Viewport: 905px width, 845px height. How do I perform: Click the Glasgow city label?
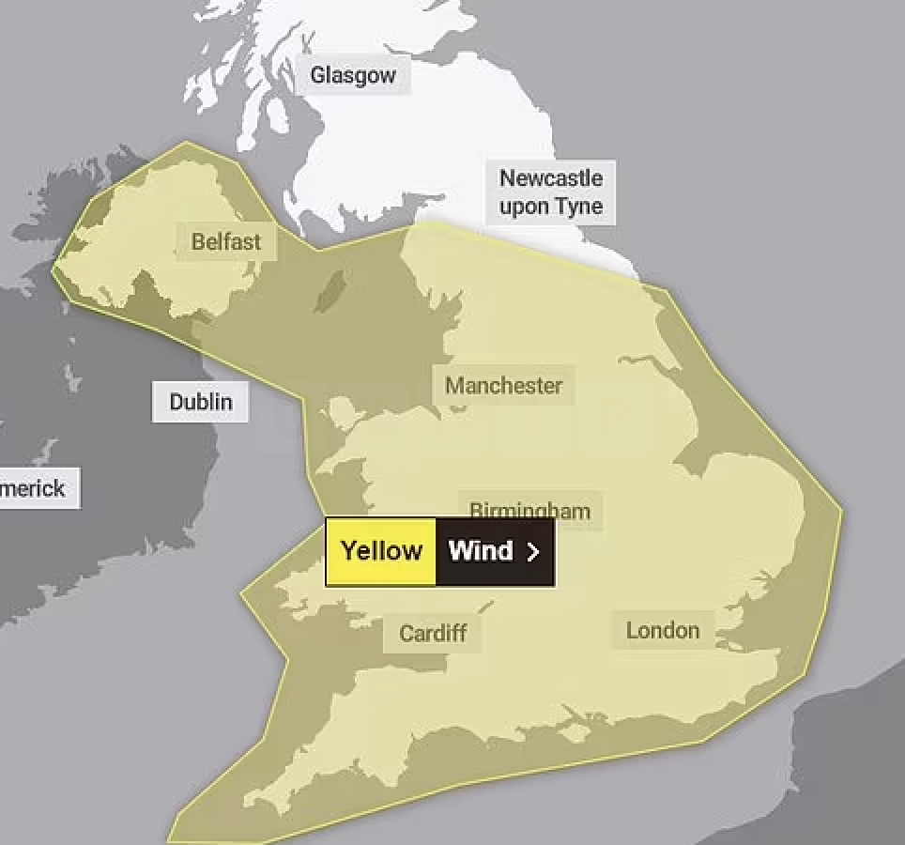coord(353,75)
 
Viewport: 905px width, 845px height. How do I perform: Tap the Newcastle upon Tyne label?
coord(551,192)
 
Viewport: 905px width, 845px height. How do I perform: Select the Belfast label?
coord(226,241)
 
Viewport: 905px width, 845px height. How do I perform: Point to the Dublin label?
coord(200,402)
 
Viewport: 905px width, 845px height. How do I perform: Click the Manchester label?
coord(504,385)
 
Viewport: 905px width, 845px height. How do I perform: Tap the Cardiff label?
coord(433,633)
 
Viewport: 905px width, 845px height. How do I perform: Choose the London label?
coord(663,630)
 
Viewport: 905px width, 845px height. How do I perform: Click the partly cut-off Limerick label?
coord(35,488)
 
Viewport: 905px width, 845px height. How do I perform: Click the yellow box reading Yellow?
coord(381,551)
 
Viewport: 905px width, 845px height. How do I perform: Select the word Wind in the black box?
coord(481,551)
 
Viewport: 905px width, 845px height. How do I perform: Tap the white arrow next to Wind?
coord(533,552)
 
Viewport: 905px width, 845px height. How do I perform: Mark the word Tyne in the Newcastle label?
coord(577,206)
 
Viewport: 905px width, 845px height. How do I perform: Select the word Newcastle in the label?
coord(551,177)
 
